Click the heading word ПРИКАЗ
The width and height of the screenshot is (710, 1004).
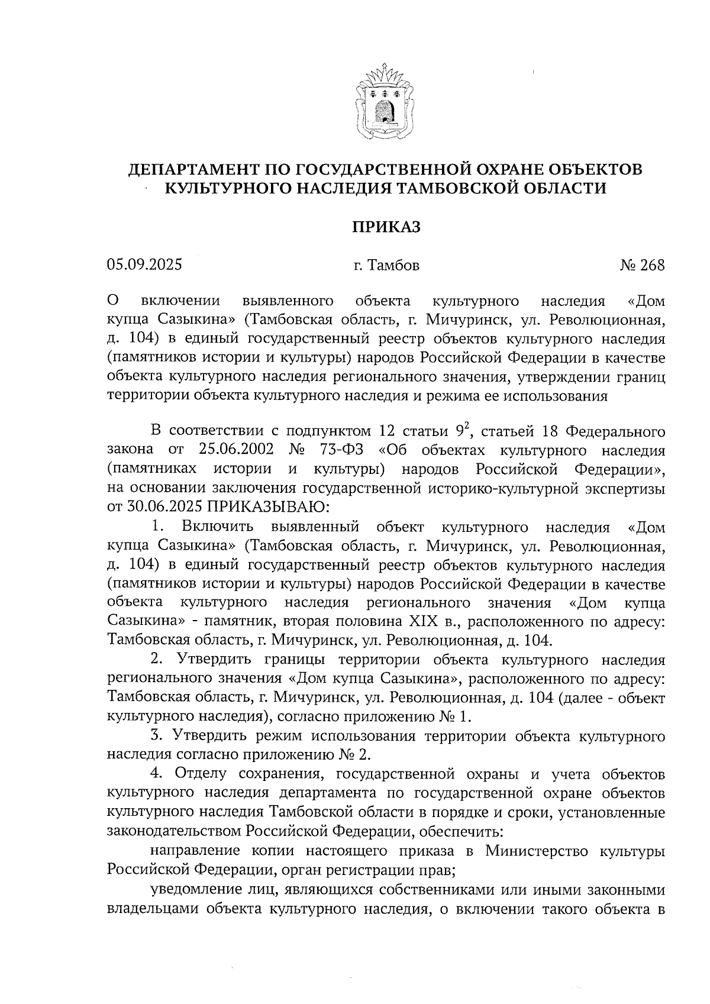pyautogui.click(x=386, y=227)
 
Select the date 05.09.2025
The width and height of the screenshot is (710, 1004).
pyautogui.click(x=144, y=265)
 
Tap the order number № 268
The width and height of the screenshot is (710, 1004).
pyautogui.click(x=642, y=265)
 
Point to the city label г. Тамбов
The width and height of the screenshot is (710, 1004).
pyautogui.click(x=386, y=266)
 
